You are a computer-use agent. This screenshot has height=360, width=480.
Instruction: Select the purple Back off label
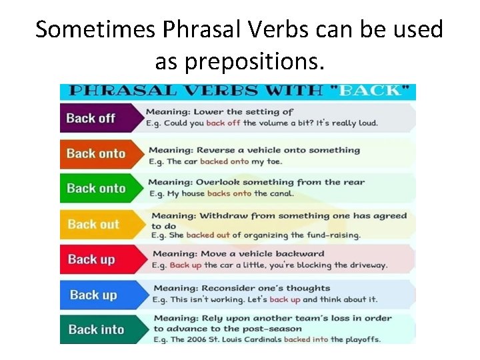[91, 118]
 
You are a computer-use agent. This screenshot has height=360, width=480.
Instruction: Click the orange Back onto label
[95, 153]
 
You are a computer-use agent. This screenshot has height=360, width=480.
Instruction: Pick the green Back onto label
[95, 188]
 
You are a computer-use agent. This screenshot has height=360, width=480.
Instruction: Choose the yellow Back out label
[93, 224]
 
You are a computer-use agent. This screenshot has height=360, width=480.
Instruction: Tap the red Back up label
[91, 259]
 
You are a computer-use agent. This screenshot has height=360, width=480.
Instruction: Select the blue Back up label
[93, 295]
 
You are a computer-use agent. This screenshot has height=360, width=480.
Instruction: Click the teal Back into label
[95, 329]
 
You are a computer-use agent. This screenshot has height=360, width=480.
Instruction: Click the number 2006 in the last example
[196, 339]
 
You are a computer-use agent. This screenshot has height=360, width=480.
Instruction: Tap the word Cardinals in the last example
[261, 339]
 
